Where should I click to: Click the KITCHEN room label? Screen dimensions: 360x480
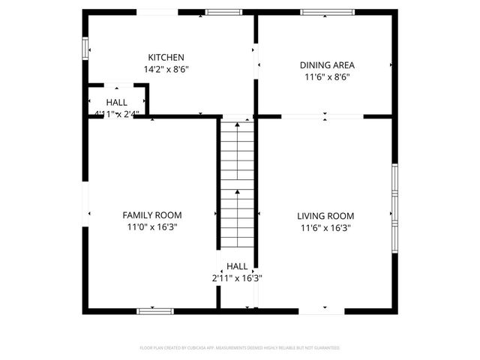(x=166, y=58)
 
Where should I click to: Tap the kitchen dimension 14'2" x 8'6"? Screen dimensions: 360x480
(x=166, y=69)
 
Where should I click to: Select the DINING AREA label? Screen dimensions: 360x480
(x=326, y=65)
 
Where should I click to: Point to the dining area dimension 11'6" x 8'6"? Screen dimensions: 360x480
(x=326, y=76)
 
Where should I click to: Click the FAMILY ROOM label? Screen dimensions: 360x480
(x=152, y=215)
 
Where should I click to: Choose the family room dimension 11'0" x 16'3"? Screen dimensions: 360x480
(x=152, y=226)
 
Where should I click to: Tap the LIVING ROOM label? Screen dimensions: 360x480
(x=326, y=216)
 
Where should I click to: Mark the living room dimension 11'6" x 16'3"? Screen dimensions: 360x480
(x=326, y=227)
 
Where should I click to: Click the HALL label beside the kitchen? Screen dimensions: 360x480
(x=116, y=102)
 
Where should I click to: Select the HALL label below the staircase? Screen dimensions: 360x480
(x=237, y=266)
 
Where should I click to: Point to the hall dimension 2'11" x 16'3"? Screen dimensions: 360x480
(x=237, y=277)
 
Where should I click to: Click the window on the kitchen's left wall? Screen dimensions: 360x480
(x=85, y=46)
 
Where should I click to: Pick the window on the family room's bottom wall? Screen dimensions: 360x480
(x=154, y=310)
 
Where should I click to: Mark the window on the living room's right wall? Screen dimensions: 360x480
(x=394, y=203)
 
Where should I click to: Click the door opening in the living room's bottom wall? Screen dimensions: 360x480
(x=322, y=310)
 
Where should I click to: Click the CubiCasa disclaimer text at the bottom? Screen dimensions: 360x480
(x=240, y=348)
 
